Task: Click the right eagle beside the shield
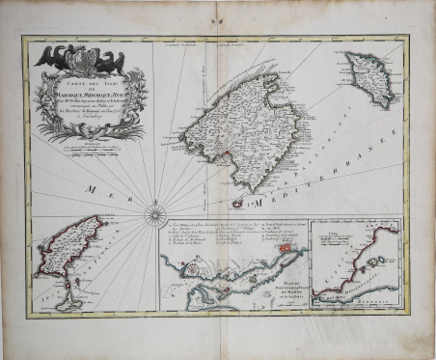pos(111,60)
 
